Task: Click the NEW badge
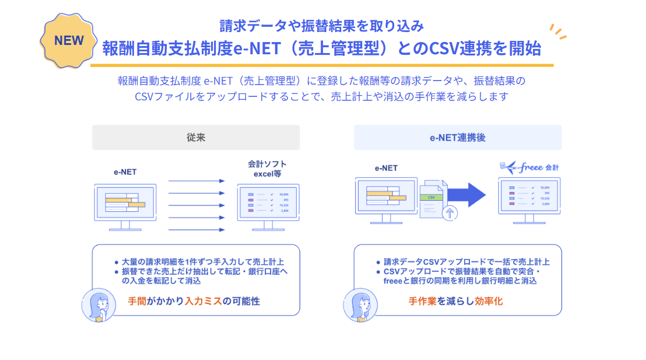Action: click(69, 40)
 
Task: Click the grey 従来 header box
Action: click(195, 138)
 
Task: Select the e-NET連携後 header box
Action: click(458, 138)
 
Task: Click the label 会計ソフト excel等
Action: click(267, 169)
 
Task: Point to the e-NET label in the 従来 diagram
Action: click(125, 172)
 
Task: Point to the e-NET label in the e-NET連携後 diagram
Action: click(386, 168)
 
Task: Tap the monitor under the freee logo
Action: click(529, 198)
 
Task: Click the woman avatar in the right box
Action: click(358, 305)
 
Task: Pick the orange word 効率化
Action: click(489, 302)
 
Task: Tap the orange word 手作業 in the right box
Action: click(422, 302)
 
